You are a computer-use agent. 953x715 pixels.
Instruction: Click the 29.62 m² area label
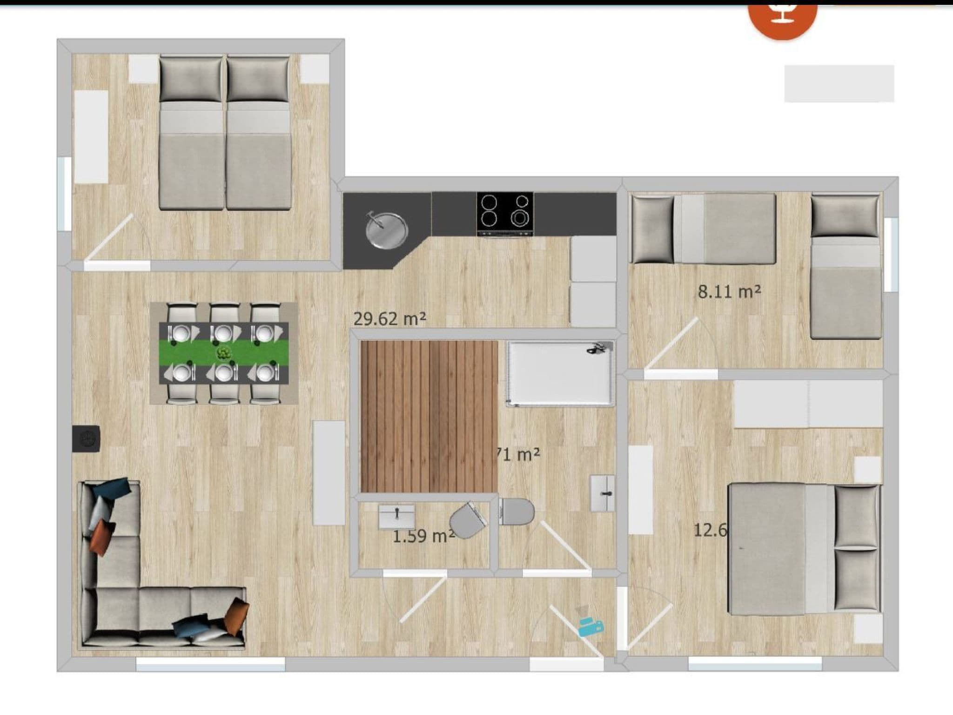(389, 319)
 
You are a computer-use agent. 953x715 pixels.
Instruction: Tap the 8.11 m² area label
(729, 292)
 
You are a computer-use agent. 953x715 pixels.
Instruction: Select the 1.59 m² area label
(423, 536)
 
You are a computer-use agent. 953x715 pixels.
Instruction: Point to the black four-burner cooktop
(505, 215)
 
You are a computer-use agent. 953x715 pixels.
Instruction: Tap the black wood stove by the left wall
(86, 438)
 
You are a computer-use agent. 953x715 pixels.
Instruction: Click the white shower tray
(560, 372)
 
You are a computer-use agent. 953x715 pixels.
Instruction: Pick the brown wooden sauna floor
(429, 416)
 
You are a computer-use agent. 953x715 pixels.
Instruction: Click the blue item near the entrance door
(591, 627)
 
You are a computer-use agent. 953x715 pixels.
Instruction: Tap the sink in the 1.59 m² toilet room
(396, 516)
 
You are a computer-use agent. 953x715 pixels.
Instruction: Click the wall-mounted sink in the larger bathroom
(603, 493)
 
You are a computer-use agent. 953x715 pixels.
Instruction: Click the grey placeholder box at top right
(839, 84)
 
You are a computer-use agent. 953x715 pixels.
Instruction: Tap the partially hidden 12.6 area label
(710, 530)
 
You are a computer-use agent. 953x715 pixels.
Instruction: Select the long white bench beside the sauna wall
(329, 472)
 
